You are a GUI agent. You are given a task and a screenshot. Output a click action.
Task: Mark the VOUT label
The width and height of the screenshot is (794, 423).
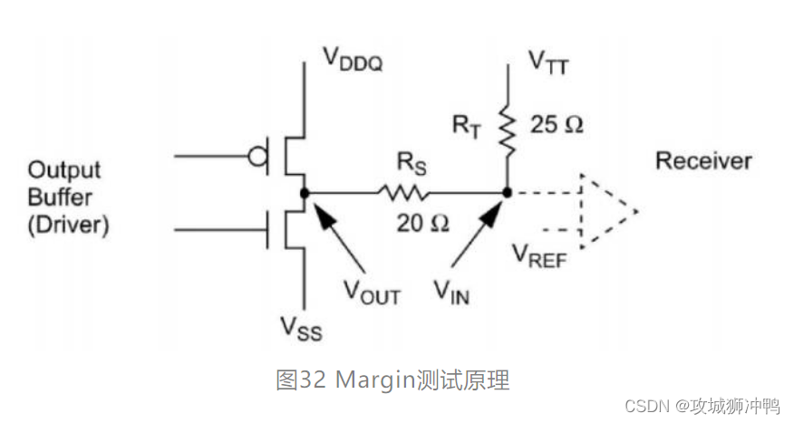pyautogui.click(x=372, y=293)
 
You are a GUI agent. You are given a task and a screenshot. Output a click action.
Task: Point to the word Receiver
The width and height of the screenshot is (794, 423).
pyautogui.click(x=703, y=161)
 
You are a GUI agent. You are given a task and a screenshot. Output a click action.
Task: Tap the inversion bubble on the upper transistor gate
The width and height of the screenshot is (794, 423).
pyautogui.click(x=257, y=157)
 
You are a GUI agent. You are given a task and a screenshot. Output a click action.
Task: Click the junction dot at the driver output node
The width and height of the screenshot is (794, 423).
pyautogui.click(x=305, y=192)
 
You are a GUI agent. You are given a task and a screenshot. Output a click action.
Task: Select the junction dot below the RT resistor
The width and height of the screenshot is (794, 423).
pyautogui.click(x=507, y=192)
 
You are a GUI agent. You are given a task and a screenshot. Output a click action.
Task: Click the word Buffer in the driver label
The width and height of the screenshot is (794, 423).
pyautogui.click(x=55, y=197)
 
